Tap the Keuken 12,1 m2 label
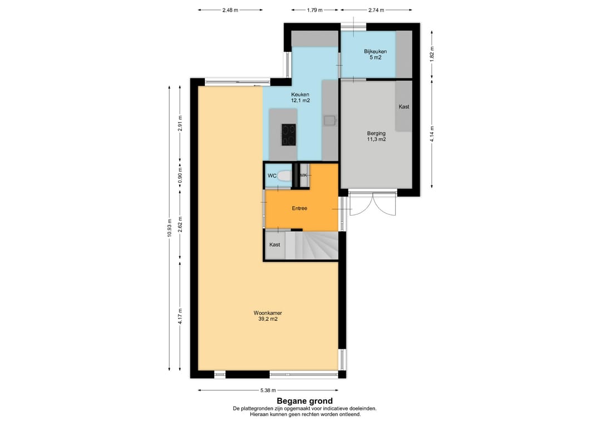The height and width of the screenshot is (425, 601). tap(300, 97)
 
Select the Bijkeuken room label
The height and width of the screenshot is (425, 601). tap(375, 51)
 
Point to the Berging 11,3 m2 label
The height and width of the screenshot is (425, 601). tap(376, 136)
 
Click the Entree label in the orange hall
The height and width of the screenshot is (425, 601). tap(299, 208)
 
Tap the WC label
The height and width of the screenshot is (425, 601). tap(272, 175)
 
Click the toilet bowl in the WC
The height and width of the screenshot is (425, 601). tap(284, 175)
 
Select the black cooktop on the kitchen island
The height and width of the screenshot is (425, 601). tap(289, 135)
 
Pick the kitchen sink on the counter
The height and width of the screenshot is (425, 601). tap(329, 121)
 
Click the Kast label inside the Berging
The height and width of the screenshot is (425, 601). tap(403, 106)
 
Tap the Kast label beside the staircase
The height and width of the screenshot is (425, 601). tap(274, 245)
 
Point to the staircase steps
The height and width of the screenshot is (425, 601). tap(312, 246)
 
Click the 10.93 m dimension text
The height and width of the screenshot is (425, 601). tap(169, 228)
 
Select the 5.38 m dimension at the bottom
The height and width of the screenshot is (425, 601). tap(268, 390)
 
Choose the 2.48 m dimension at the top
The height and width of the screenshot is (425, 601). tap(230, 10)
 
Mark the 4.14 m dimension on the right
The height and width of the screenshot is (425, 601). tap(432, 134)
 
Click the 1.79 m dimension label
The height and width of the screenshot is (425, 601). tap(314, 10)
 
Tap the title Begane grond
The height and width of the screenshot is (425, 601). tap(305, 401)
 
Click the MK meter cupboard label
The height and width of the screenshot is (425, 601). tap(304, 175)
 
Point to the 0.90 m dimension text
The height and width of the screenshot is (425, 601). tap(180, 175)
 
